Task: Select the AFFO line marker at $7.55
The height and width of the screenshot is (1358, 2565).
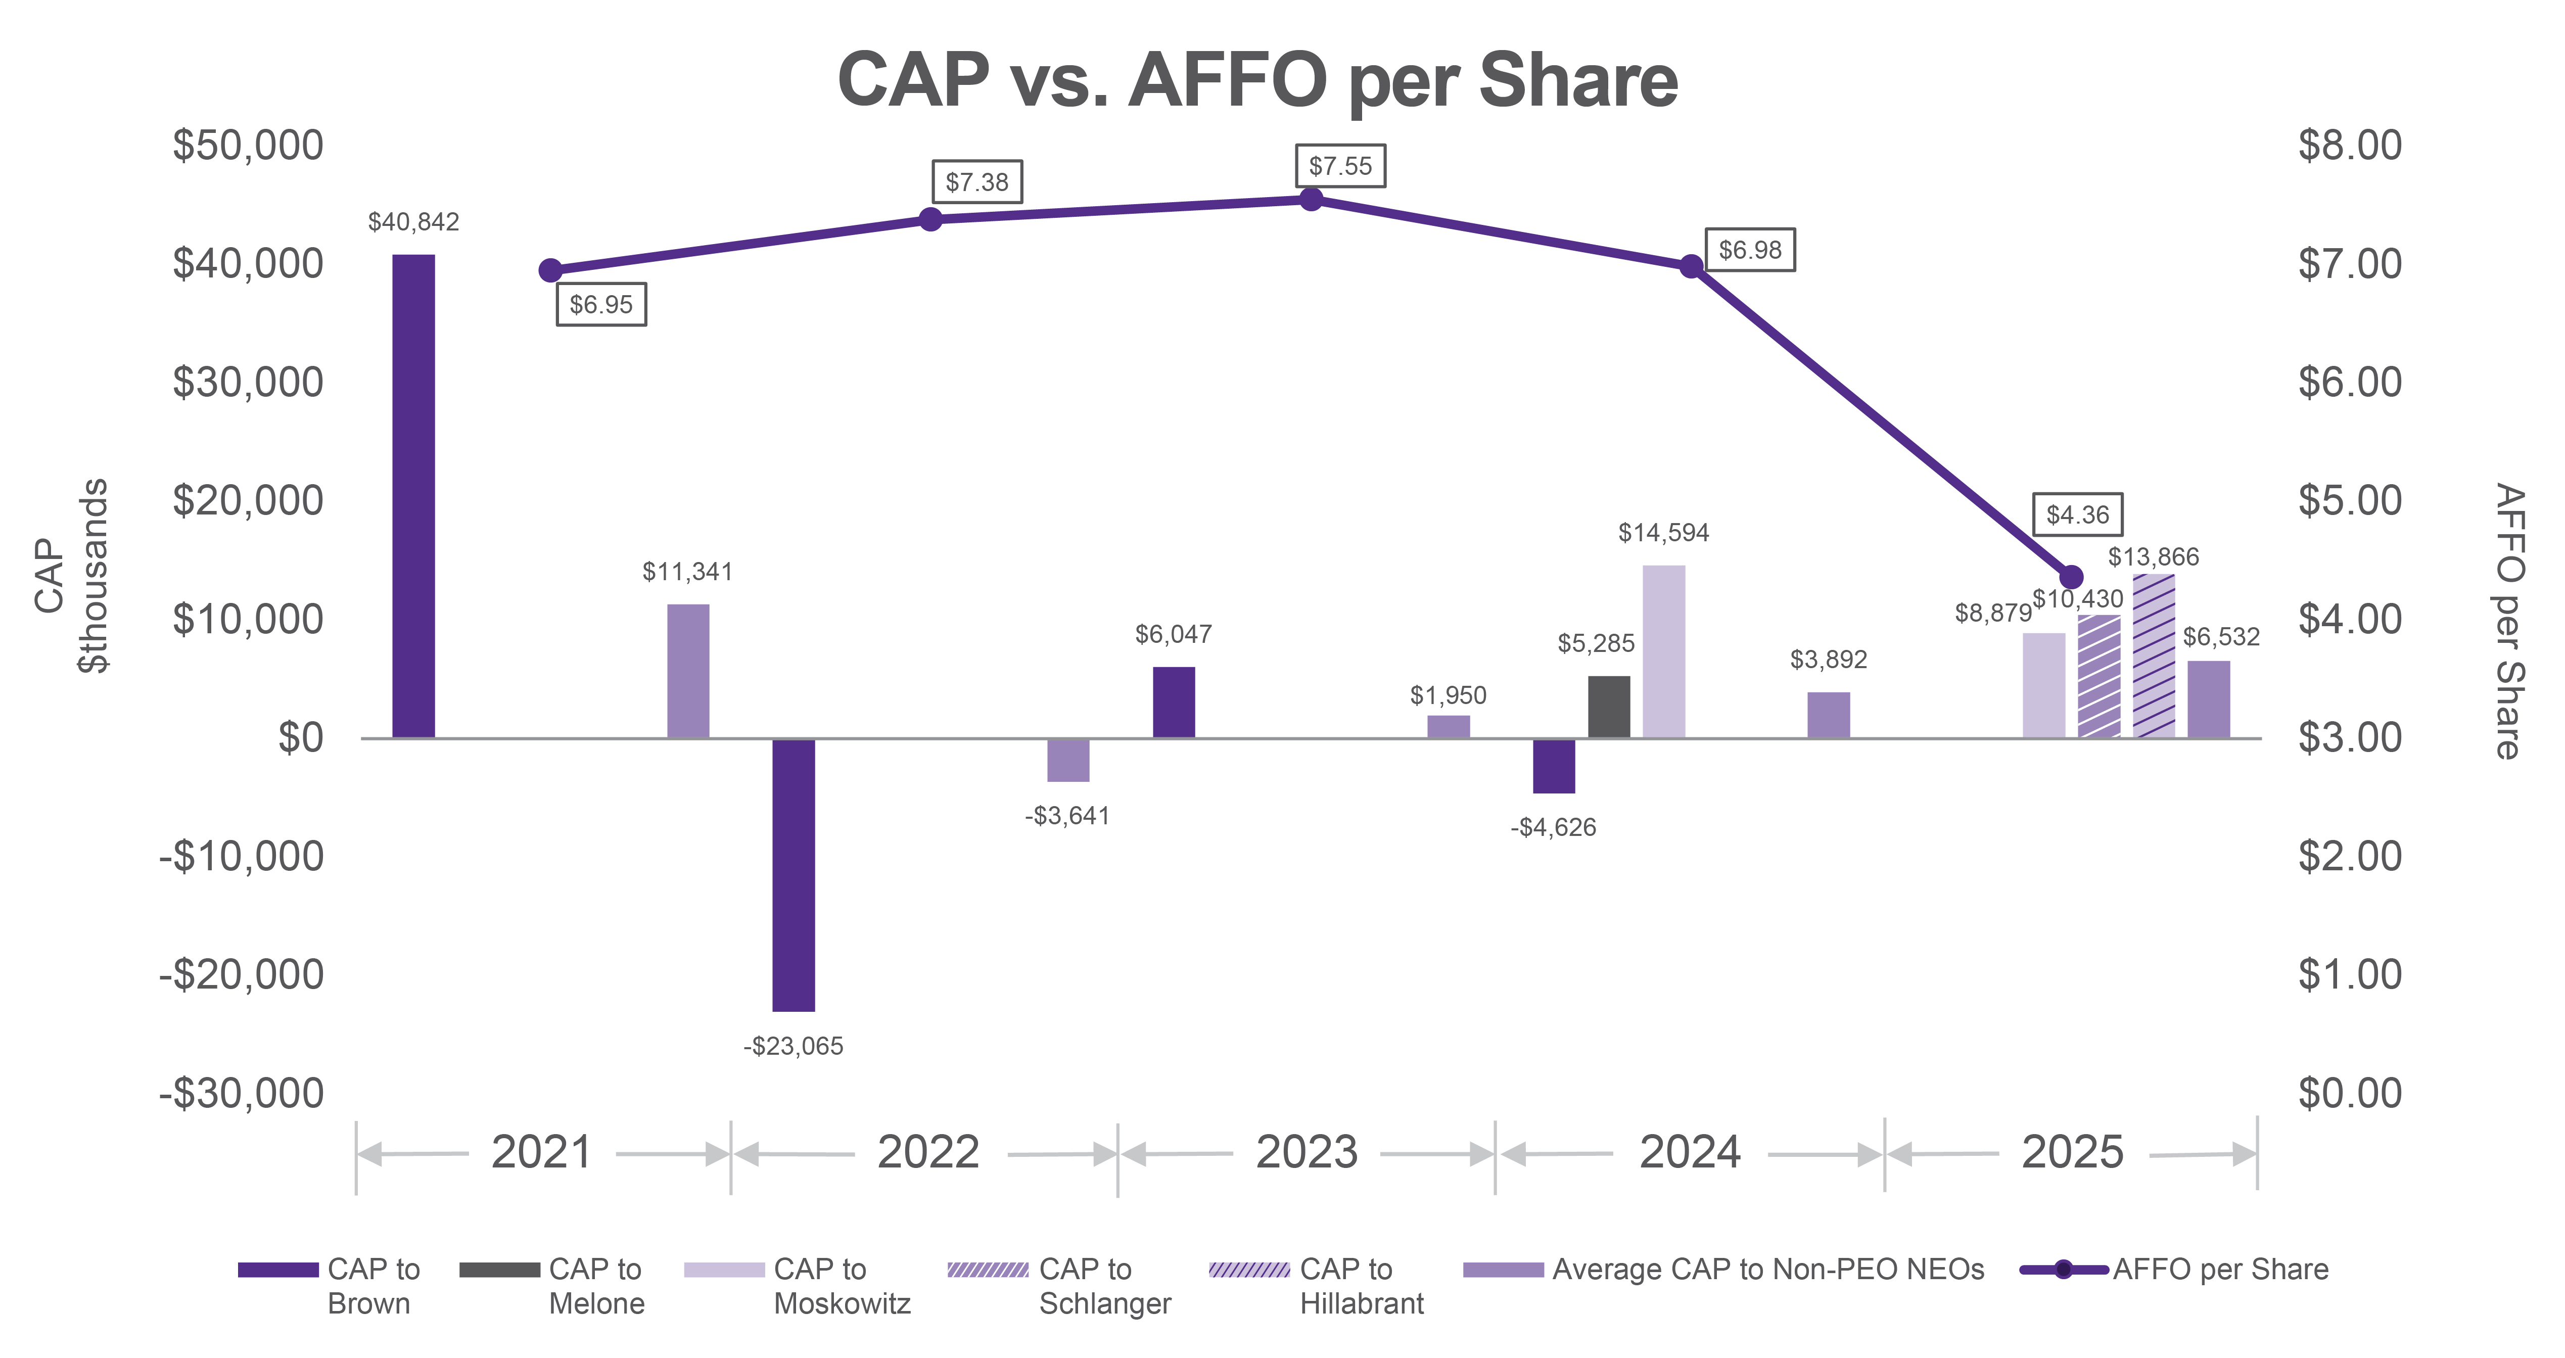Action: click(1312, 199)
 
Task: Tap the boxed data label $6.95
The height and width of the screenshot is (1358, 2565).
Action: click(600, 305)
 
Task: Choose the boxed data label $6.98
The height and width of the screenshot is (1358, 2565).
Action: click(1749, 250)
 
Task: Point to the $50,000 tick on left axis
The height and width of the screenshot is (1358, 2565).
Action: click(248, 146)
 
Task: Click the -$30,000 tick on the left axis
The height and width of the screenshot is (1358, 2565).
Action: click(242, 1093)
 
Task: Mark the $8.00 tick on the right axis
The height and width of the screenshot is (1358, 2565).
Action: click(2349, 146)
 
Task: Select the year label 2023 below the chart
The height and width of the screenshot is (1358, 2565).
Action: click(1307, 1153)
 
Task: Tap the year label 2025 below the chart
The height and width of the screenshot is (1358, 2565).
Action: click(2072, 1153)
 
